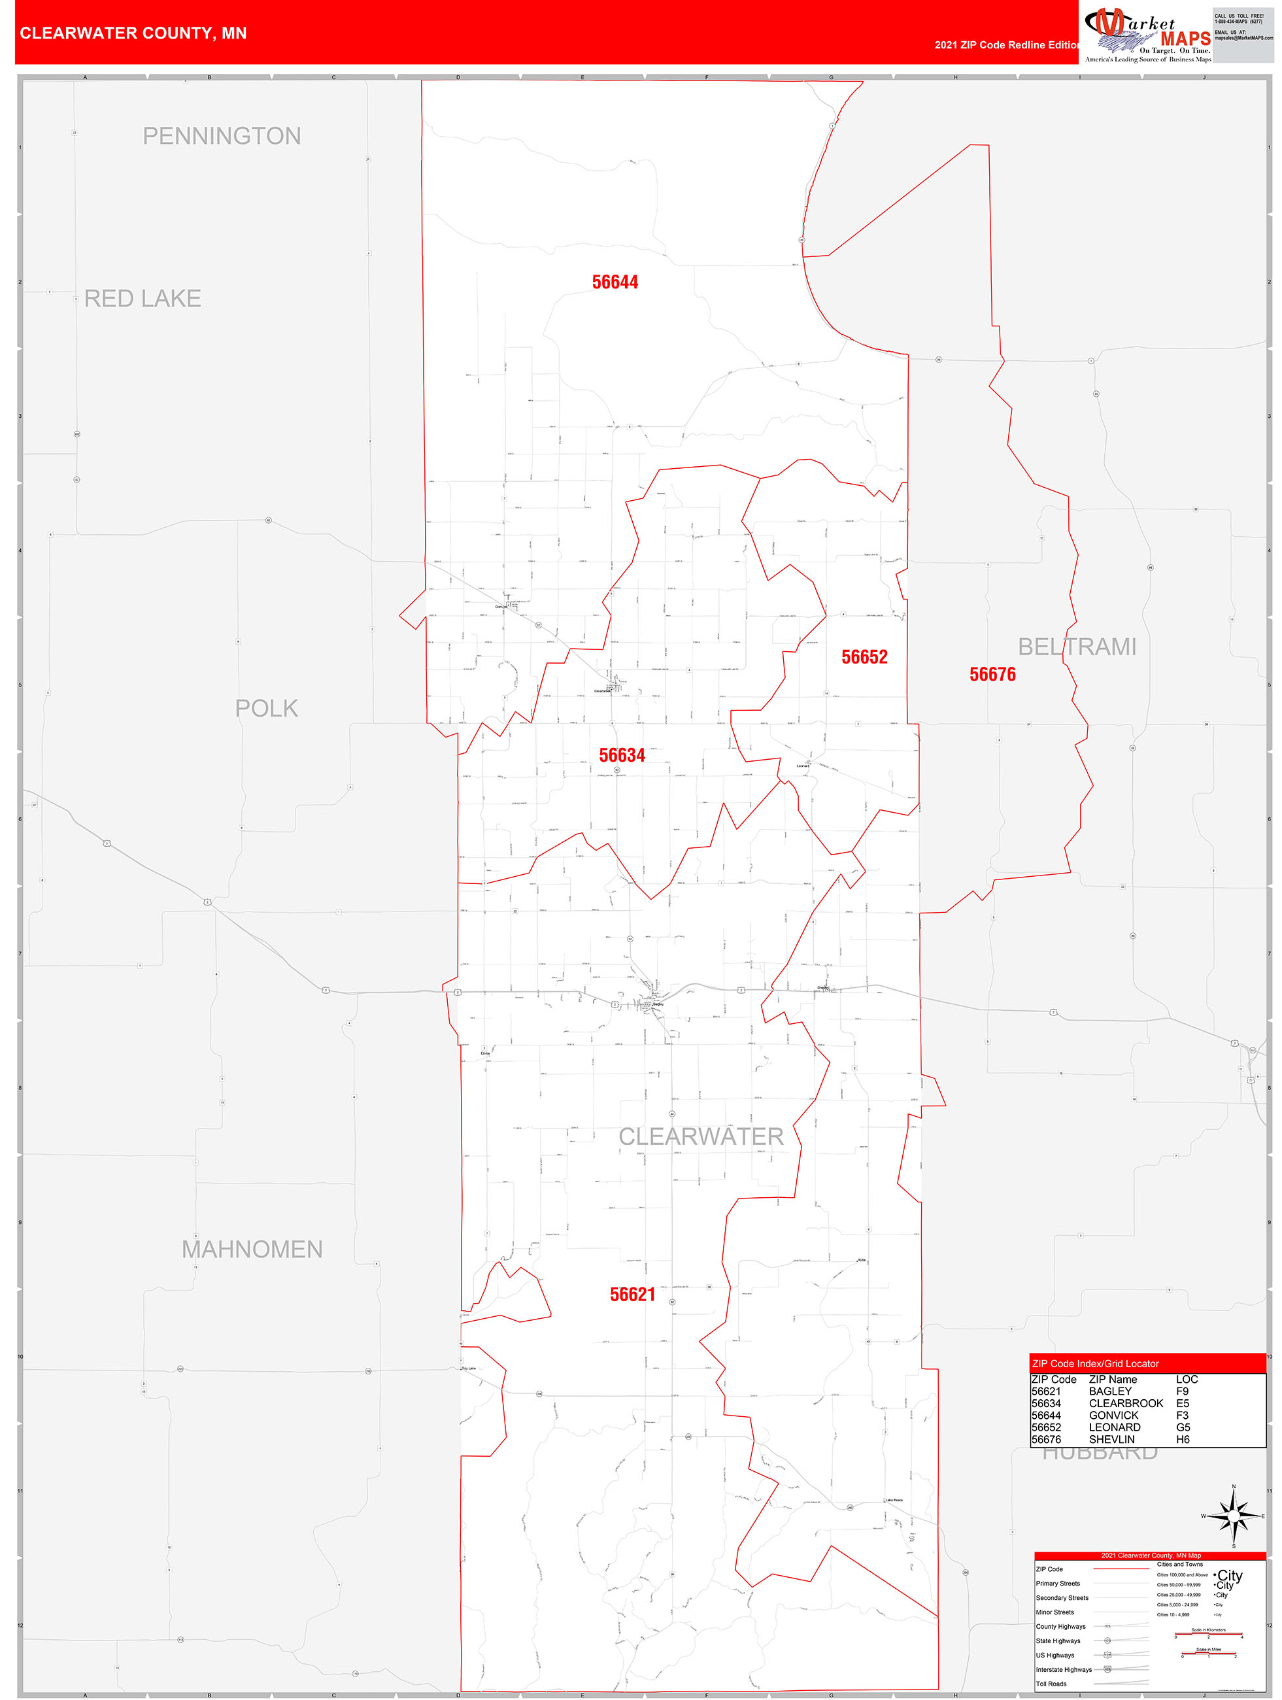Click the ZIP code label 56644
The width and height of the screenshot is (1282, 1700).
(615, 282)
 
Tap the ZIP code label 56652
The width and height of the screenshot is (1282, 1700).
(864, 656)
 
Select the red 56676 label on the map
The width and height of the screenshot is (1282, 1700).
(992, 674)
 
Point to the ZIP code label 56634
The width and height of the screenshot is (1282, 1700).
(622, 755)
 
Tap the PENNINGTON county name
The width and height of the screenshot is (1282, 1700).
(222, 136)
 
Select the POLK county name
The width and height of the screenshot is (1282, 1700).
(266, 708)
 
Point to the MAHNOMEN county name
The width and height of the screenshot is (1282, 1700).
(252, 1249)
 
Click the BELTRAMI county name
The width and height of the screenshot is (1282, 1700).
(1077, 647)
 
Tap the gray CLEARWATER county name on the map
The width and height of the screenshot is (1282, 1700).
(701, 1136)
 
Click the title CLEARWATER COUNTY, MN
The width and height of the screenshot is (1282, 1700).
(133, 33)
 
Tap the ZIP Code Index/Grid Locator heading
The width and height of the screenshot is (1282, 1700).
(1095, 1363)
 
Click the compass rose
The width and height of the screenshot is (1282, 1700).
(1234, 1516)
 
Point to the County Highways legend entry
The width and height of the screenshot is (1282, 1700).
(1060, 1626)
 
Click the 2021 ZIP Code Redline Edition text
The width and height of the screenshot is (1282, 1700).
(1007, 44)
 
